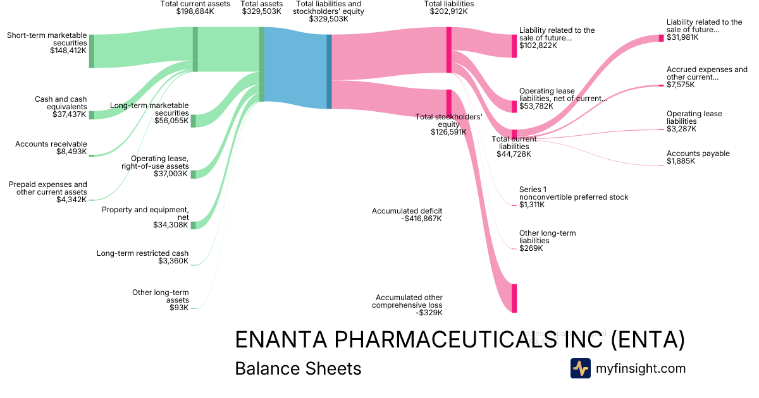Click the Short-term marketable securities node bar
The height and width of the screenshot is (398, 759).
click(92, 51)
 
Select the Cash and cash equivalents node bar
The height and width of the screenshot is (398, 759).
click(92, 114)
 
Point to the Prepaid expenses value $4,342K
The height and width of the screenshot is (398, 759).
click(70, 200)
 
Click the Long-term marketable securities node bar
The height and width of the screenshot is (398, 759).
click(194, 121)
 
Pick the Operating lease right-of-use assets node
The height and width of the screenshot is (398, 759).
click(194, 174)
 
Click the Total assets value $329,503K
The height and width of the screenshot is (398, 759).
click(262, 11)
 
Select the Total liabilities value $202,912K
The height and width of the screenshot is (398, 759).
click(448, 11)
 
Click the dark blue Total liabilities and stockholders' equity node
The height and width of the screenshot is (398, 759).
click(329, 71)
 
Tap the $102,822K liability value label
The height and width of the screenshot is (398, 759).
click(538, 45)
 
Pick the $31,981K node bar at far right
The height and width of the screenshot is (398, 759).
click(662, 38)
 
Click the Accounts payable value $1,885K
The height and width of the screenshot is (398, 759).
click(681, 161)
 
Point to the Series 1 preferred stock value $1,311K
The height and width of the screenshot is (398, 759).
click(532, 205)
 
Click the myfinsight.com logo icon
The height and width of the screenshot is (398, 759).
click(581, 368)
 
